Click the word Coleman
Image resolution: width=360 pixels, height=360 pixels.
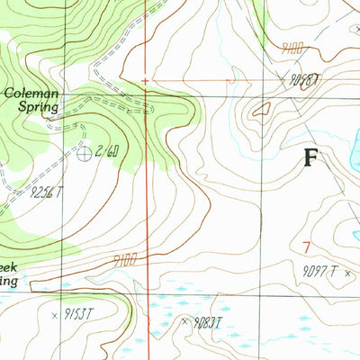[x=31, y=91]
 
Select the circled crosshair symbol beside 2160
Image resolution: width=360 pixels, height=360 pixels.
[x=83, y=154]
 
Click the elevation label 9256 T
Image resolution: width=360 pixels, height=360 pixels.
[x=48, y=191]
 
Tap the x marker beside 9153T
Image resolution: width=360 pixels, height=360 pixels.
[x=56, y=315]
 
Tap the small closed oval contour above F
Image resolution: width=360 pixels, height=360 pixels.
[x=261, y=110]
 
